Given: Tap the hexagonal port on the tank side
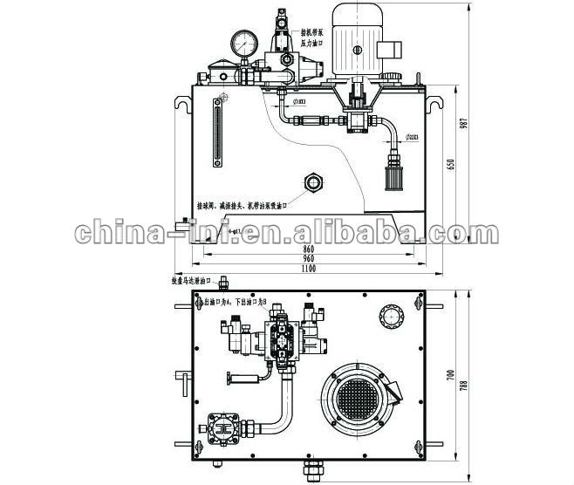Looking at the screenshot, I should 312,183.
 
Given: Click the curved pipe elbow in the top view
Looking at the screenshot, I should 284,410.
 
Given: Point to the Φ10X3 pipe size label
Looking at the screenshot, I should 299,102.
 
